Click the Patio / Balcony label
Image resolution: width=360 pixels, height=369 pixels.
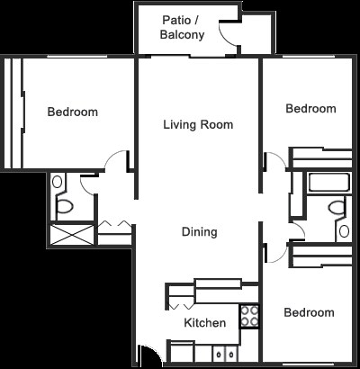[x=183, y=28]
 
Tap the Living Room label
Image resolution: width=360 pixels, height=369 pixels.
[x=198, y=124]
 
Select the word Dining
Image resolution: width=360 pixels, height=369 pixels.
[x=199, y=231]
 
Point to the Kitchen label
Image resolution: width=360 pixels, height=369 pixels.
[x=204, y=322]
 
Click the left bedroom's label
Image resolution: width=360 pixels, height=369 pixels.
[x=73, y=112]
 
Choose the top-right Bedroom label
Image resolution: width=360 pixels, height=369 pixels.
[x=310, y=109]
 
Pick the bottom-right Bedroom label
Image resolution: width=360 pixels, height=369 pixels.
[x=309, y=312]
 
